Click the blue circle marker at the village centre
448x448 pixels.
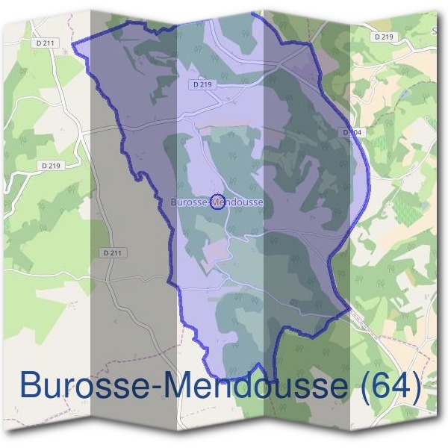[x=217, y=202]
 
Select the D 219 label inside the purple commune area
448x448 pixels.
[x=201, y=85]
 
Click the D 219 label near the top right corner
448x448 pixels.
[x=384, y=36]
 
